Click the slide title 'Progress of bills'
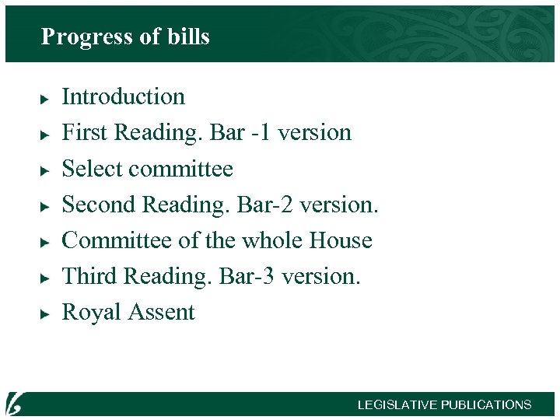click(125, 37)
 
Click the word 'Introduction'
click(123, 96)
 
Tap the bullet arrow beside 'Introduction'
click(45, 98)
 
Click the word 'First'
click(84, 132)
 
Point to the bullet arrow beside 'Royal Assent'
click(45, 313)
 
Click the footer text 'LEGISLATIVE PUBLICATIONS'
click(444, 405)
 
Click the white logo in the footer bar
click(15, 403)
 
